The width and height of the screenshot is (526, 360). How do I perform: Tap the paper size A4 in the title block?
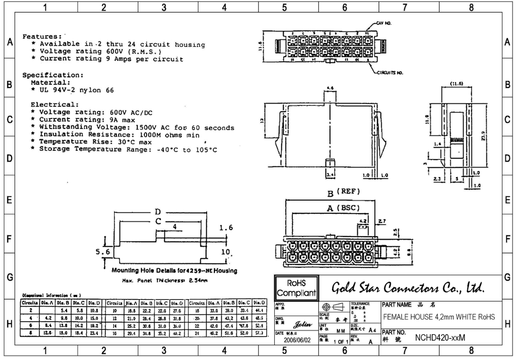(372, 330)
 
